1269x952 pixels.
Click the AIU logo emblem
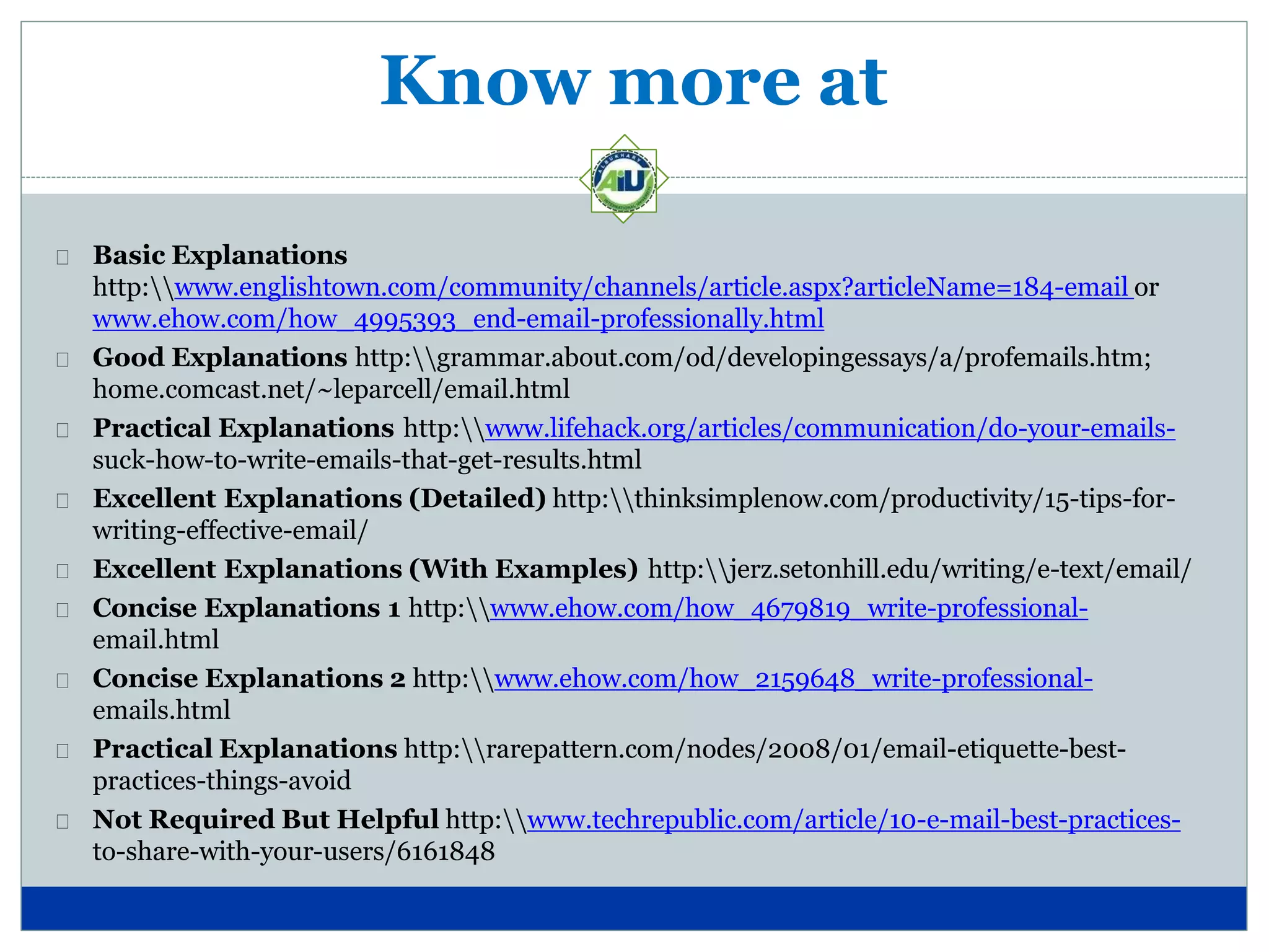[624, 179]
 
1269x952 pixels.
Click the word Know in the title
[484, 82]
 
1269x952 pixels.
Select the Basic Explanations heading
[220, 255]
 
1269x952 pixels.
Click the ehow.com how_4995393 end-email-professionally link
[458, 319]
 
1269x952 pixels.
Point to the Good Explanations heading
[220, 358]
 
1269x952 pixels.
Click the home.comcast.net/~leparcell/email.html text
[331, 390]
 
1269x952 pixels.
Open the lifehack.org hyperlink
[830, 429]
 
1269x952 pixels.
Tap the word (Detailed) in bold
[477, 499]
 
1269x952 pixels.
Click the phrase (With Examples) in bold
[523, 570]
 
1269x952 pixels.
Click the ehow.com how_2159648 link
[793, 679]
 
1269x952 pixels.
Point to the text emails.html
[161, 710]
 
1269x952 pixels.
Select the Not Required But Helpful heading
[265, 820]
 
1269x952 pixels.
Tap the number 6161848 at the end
[446, 852]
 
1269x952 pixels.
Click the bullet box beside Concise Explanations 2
[63, 681]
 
